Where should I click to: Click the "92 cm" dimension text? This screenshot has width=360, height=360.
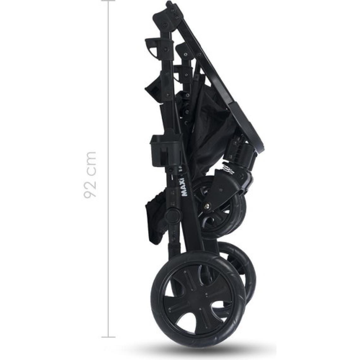(89, 175)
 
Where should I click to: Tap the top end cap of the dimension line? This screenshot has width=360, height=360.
(108, 0)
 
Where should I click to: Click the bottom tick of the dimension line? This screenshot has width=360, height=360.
(108, 337)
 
